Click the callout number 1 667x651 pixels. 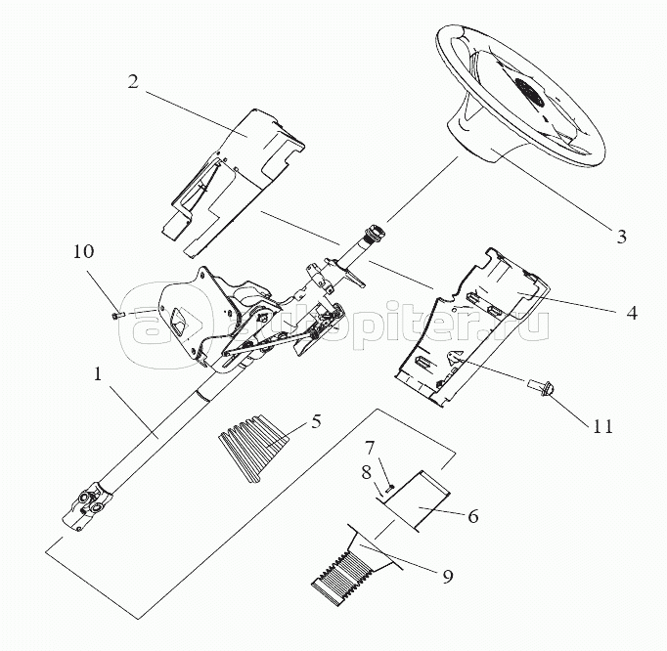98,374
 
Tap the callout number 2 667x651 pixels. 133,82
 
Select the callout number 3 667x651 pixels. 621,237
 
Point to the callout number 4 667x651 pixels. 632,313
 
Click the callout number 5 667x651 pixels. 315,421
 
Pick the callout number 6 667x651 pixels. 473,516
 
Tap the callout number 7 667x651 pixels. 369,448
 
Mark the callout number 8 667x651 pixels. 367,472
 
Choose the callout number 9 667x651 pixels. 448,576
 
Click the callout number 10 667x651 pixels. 83,251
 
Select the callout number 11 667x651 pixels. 602,425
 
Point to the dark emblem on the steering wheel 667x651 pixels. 529,92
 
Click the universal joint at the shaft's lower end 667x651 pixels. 88,505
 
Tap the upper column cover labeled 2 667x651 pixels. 232,181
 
